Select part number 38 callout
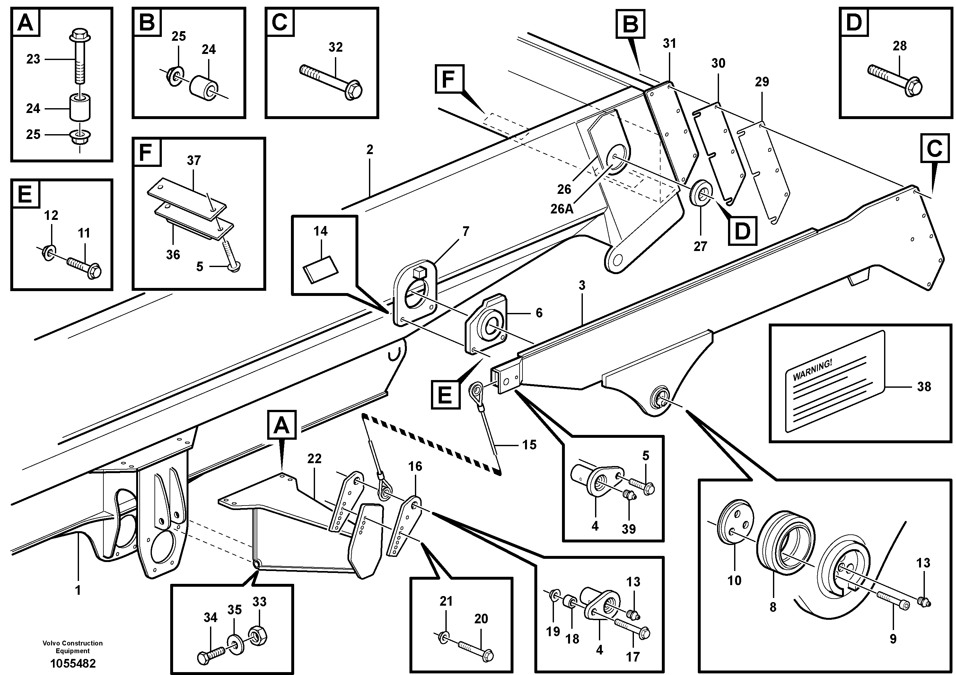[924, 386]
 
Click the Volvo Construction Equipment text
[73, 647]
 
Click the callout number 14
[320, 231]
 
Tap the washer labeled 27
[701, 192]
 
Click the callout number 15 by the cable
[529, 445]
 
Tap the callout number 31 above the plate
[669, 43]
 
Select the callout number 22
[314, 459]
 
